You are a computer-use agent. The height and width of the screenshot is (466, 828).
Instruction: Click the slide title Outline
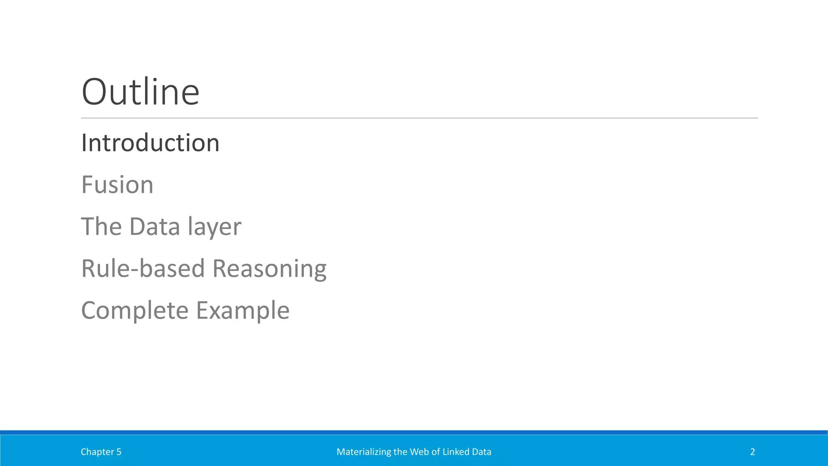coord(140,92)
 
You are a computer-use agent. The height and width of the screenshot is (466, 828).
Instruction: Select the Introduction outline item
coord(150,143)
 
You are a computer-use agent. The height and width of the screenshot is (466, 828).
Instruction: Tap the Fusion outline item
coord(117,185)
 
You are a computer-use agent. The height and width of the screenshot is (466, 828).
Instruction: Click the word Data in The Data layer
coord(154,227)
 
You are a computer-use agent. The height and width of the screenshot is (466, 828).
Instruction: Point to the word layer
coord(214,227)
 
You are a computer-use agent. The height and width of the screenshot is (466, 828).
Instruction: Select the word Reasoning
coord(269,269)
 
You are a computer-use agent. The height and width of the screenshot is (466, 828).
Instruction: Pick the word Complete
coord(135,311)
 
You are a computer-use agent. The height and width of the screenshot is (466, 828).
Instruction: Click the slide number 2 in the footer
coord(752,452)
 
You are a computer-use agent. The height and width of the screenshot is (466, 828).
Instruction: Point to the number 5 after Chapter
coord(119,452)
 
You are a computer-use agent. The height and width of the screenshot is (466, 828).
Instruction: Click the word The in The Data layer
coord(101,227)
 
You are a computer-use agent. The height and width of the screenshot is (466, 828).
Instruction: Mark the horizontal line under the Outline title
coord(419,118)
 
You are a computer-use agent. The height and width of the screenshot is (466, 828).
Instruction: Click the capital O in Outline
coord(95,92)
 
